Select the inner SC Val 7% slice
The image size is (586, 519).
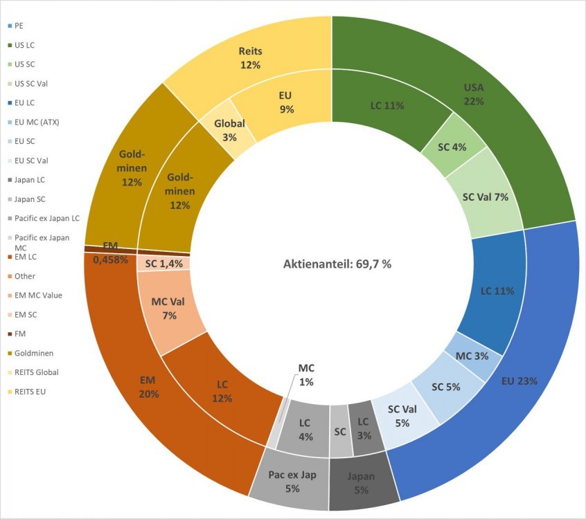click(x=485, y=197)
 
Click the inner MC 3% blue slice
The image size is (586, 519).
click(x=472, y=356)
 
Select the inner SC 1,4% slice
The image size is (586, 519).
click(x=164, y=264)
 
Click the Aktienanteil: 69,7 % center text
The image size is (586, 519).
click(x=337, y=264)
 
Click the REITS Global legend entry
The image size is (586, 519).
click(x=36, y=372)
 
